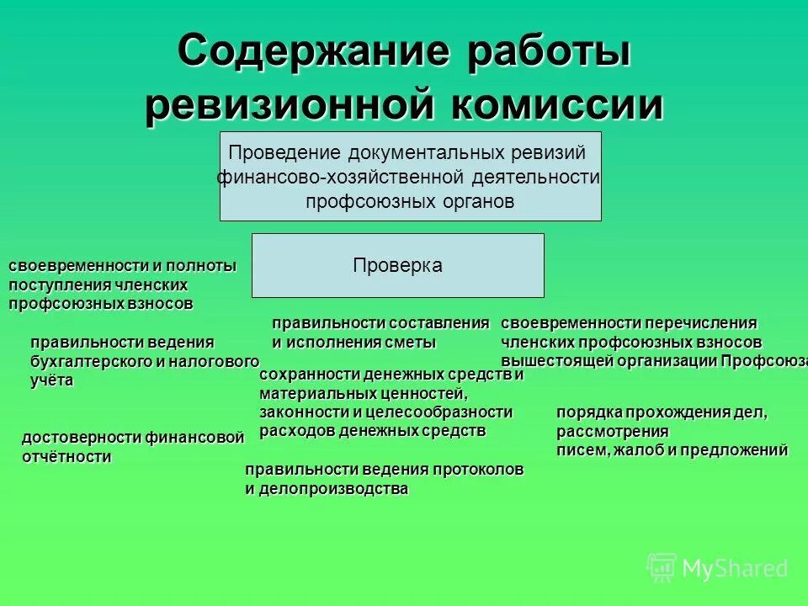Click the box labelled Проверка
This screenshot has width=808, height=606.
pyautogui.click(x=397, y=265)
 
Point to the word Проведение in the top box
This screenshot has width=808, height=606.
pyautogui.click(x=282, y=153)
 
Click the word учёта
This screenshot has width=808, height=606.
pyautogui.click(x=52, y=380)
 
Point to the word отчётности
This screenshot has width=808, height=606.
pyautogui.click(x=66, y=457)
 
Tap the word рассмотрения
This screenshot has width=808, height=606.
pyautogui.click(x=612, y=432)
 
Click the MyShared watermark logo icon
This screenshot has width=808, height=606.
pyautogui.click(x=662, y=567)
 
